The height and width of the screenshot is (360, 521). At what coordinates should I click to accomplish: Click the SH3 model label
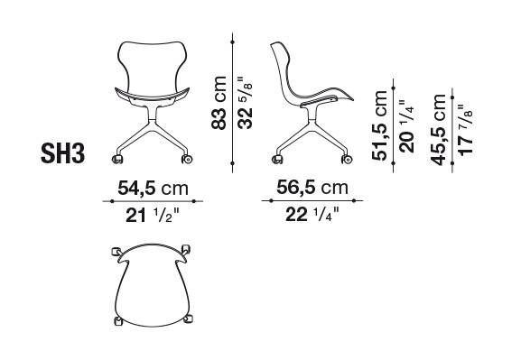click(63, 153)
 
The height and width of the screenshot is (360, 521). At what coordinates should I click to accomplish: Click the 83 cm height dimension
click(219, 103)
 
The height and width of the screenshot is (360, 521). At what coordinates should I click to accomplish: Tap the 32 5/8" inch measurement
click(245, 103)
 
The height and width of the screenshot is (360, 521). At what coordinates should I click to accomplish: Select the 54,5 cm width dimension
click(153, 189)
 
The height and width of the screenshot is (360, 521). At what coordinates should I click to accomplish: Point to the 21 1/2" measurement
click(153, 216)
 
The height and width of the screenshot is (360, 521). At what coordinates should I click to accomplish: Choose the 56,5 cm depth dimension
click(312, 188)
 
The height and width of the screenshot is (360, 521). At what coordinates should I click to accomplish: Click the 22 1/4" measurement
click(312, 215)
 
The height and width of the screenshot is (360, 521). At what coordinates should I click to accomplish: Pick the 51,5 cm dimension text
click(380, 125)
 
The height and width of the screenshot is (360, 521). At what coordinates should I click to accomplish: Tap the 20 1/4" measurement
click(406, 126)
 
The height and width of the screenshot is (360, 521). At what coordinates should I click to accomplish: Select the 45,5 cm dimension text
click(438, 130)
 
